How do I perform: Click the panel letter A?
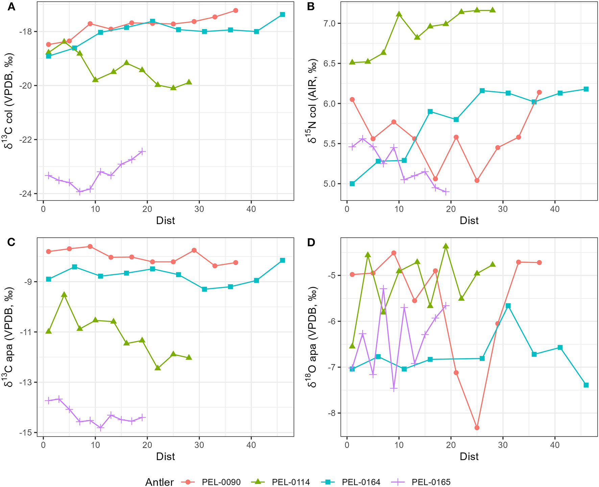[11, 7]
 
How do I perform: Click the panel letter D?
[311, 242]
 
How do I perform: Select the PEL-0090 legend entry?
[221, 482]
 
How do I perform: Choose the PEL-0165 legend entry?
[431, 482]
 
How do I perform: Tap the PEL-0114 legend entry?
[291, 482]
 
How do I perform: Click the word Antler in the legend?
[160, 482]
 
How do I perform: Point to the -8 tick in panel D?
[334, 413]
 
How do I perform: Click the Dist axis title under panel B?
[469, 221]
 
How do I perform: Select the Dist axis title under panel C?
[166, 457]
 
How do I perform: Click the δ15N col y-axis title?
[313, 101]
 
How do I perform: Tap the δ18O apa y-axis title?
[313, 337]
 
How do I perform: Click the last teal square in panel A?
[282, 15]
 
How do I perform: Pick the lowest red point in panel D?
[477, 428]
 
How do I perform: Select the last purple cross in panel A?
[142, 151]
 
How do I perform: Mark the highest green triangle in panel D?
[446, 246]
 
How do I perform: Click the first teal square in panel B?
[352, 184]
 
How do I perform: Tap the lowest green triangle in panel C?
[158, 368]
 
